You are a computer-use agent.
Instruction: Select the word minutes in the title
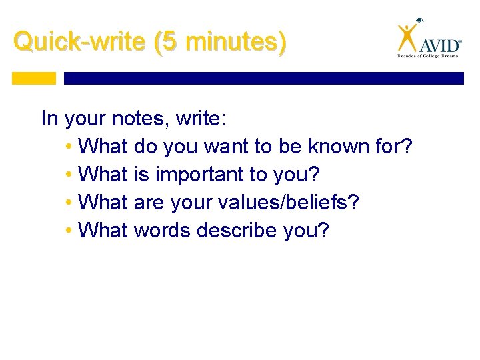229,42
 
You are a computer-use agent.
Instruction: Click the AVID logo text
439,45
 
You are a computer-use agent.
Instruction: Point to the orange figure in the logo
407,37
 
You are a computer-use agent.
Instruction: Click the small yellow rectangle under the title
34,78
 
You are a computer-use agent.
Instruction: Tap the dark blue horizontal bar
263,78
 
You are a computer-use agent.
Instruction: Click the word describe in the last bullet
237,231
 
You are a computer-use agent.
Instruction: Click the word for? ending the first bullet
395,146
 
